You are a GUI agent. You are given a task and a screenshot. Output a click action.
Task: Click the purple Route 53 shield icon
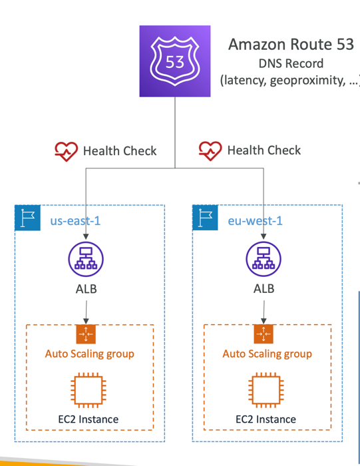click(175, 61)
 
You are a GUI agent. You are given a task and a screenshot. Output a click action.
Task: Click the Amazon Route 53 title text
click(291, 45)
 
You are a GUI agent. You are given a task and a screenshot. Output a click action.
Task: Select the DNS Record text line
click(291, 63)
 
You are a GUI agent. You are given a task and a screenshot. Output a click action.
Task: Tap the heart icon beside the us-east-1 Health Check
click(66, 151)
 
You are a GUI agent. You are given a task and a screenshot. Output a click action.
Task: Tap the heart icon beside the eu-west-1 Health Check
click(210, 150)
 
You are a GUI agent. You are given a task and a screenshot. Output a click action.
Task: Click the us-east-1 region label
click(75, 221)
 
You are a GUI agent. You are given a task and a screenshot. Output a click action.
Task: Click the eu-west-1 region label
click(255, 221)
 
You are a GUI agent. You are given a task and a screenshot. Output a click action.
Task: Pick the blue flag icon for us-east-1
click(28, 218)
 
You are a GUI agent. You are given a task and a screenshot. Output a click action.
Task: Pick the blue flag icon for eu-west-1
click(205, 218)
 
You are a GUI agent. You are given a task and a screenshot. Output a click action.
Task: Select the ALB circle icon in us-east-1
click(86, 259)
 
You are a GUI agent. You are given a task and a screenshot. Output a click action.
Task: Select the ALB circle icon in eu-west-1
click(264, 259)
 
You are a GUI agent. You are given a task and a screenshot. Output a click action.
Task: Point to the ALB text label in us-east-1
click(86, 289)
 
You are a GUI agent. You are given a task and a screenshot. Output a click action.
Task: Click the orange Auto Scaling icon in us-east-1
click(86, 334)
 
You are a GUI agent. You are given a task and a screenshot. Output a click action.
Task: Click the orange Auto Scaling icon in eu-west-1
click(264, 334)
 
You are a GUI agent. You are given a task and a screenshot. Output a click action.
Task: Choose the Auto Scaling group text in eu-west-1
click(267, 354)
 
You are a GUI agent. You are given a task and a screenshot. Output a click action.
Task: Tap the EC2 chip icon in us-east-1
click(89, 390)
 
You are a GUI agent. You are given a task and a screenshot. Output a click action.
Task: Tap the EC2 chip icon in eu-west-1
click(266, 390)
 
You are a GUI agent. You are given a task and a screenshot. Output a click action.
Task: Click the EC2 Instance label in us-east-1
click(89, 419)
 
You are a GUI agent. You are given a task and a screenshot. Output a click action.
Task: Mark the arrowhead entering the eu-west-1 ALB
click(264, 236)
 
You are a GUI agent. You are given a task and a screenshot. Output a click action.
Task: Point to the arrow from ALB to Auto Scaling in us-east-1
click(86, 312)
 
